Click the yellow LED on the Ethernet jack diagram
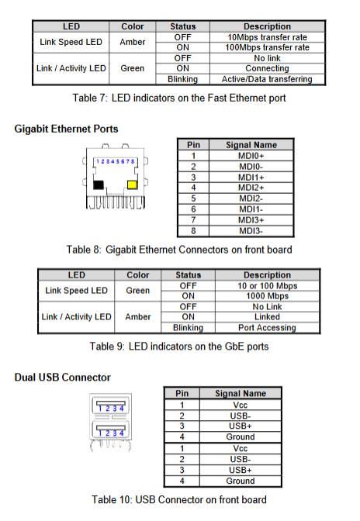tap(133, 185)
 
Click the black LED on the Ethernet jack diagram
tap(99, 185)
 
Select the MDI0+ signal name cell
tap(251, 156)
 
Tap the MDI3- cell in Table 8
tap(251, 231)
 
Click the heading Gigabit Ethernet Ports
tap(66, 129)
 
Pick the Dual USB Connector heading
tap(63, 378)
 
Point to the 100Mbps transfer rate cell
tap(267, 47)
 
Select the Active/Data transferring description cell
tap(267, 79)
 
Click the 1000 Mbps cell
tap(267, 296)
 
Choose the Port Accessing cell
tap(267, 328)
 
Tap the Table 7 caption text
tap(179, 98)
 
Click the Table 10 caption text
tap(179, 500)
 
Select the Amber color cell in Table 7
tap(133, 42)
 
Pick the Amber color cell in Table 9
tap(138, 317)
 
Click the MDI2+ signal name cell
tap(251, 188)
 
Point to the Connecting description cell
tap(267, 68)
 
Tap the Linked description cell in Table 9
tap(267, 317)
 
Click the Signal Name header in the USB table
tap(241, 393)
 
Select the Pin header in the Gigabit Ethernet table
tap(193, 145)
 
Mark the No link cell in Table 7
tap(267, 58)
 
